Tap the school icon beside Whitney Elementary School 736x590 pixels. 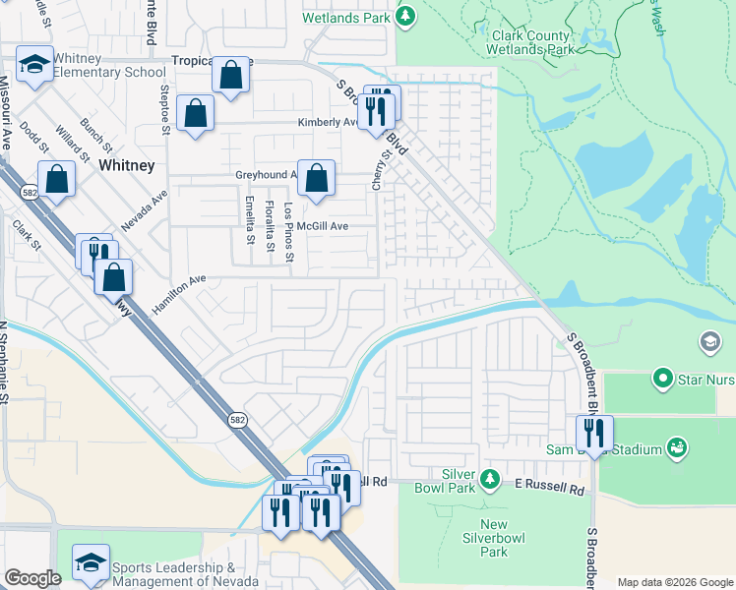[x=34, y=66]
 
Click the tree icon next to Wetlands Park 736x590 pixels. [x=405, y=16]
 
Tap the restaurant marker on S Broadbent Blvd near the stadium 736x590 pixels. [x=594, y=432]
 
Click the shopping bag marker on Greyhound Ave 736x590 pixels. [x=316, y=178]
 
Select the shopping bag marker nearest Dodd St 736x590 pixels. [x=57, y=179]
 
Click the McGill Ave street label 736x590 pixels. [x=325, y=225]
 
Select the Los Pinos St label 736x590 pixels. [x=288, y=233]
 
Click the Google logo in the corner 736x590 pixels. [x=32, y=578]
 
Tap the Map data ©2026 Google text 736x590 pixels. [x=675, y=582]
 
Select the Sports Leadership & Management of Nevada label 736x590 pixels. [x=173, y=574]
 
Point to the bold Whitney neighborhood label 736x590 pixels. [x=126, y=166]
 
